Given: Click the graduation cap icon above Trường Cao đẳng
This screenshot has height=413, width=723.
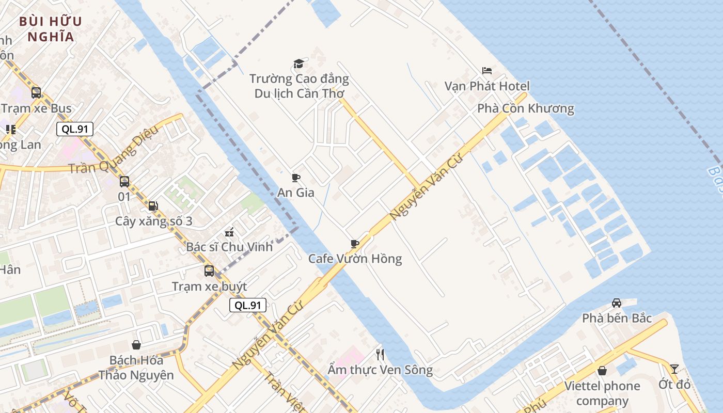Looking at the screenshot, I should [x=298, y=63].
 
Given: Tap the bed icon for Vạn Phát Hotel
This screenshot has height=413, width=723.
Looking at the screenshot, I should [x=486, y=70].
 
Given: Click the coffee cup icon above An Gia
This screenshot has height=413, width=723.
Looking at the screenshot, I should [x=296, y=178].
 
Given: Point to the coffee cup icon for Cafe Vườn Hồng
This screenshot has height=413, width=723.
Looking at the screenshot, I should [x=354, y=243].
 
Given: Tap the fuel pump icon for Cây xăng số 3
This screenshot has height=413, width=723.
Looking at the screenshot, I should [x=153, y=206].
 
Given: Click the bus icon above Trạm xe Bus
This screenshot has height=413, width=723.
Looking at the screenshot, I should [x=36, y=93].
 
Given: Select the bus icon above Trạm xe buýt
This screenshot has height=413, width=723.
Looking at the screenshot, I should [x=209, y=271].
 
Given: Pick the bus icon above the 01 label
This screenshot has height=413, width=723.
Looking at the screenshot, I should [x=124, y=181].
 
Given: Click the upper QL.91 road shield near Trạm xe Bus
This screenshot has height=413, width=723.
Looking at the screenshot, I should [x=75, y=129].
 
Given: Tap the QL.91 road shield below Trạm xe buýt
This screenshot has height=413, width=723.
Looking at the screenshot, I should [x=248, y=305].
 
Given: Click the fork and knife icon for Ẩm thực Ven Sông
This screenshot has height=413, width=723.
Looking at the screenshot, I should [x=380, y=354].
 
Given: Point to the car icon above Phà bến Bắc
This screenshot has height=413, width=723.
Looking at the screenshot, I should [x=616, y=303].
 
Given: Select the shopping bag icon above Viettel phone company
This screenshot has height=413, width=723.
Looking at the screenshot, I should [x=602, y=370].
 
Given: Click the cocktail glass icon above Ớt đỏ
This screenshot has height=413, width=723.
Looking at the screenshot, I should [x=674, y=369].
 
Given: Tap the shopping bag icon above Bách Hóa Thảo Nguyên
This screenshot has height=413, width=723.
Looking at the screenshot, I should [x=136, y=344].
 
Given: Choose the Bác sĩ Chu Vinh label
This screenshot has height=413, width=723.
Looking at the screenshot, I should [x=229, y=247].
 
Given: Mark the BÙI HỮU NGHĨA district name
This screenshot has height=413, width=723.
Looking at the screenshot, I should [x=51, y=29].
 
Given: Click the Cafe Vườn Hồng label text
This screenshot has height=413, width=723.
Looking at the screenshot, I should [x=355, y=259].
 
